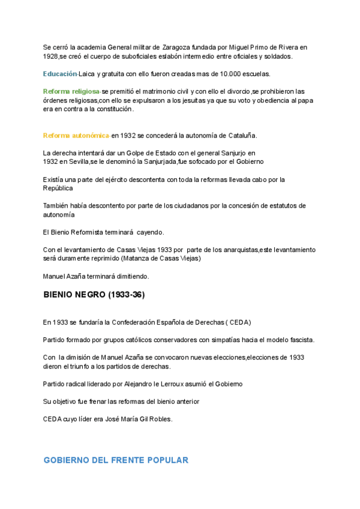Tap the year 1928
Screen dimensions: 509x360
(x=51, y=56)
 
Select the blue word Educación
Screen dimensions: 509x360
(x=60, y=74)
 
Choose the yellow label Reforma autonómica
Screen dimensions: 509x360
(x=76, y=136)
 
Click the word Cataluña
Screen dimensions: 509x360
(x=241, y=136)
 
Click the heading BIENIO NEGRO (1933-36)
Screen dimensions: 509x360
(x=94, y=295)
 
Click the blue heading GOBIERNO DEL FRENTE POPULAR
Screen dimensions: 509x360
(x=116, y=460)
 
